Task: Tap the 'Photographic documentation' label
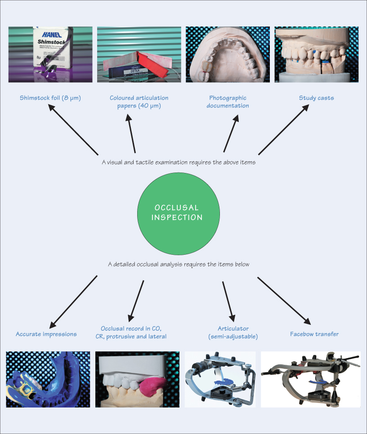point(228,102)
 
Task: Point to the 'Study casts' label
point(316,98)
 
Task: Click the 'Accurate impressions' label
point(46,334)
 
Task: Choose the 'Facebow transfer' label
point(314,334)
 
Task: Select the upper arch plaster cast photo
point(228,54)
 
